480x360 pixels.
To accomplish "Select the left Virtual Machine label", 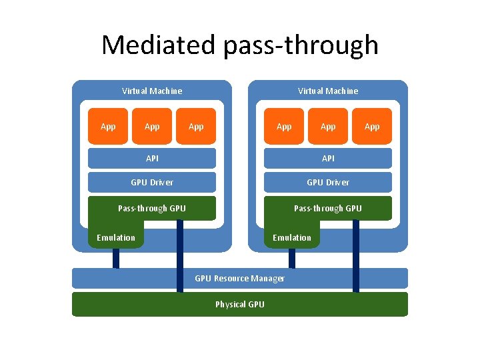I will point(152,91).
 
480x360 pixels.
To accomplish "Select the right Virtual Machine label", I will point(328,91).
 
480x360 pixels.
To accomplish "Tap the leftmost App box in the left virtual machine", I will point(108,126).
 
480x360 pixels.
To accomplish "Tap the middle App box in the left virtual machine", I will point(152,126).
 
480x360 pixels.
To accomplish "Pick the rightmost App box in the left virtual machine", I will point(196,126).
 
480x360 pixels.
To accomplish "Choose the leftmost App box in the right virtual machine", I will point(284,126).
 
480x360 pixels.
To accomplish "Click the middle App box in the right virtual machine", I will point(328,126).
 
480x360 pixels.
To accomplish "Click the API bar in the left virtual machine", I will point(152,158).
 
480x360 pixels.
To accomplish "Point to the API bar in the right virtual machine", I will point(328,158).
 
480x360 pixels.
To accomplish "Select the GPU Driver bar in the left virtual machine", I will point(152,182).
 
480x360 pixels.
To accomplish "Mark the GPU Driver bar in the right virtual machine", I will point(328,182).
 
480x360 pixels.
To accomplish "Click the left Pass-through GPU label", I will point(152,208).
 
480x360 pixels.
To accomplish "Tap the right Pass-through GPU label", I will point(328,208).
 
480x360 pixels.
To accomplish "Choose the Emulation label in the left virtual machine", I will point(116,237).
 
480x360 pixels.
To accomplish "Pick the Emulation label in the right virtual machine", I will point(292,237).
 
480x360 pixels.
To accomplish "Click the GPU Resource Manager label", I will point(240,278).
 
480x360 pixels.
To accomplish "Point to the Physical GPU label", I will point(240,304).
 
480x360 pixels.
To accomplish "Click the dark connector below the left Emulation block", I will point(116,258).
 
